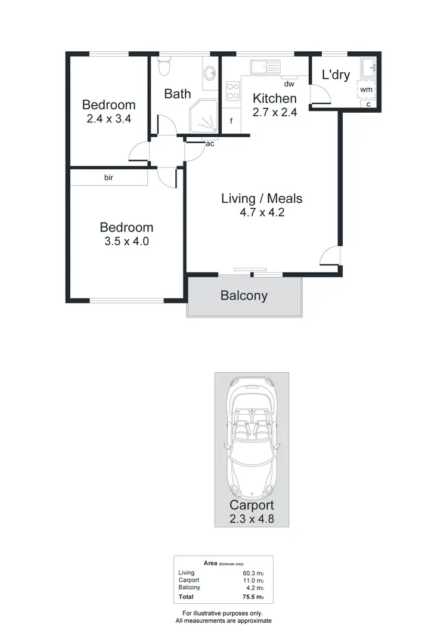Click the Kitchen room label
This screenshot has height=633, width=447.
[274, 98]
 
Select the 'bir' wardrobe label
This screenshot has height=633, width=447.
[109, 177]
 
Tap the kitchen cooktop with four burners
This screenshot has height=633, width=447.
[232, 93]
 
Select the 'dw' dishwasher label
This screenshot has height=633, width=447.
[289, 84]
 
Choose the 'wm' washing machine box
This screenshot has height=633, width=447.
[366, 89]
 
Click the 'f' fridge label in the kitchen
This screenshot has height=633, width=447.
[231, 122]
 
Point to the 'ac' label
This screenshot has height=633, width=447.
[210, 144]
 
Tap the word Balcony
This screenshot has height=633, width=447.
[244, 295]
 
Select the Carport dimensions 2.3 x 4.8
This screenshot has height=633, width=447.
[252, 518]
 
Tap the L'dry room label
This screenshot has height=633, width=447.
[335, 75]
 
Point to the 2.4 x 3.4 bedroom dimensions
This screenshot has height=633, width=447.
[108, 119]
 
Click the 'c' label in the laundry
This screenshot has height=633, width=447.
[368, 104]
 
